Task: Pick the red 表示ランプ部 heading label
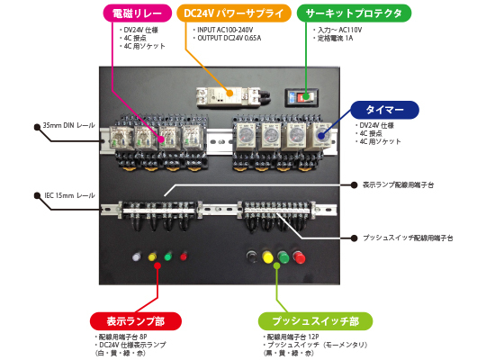(136, 320)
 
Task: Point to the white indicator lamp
(137, 257)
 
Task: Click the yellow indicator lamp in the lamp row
(152, 257)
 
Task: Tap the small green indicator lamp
(167, 257)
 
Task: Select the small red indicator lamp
(184, 257)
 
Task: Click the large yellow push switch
(267, 258)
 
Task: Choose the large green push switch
(283, 258)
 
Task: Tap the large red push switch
(298, 258)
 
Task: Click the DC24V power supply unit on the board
(239, 95)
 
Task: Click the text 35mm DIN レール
(67, 125)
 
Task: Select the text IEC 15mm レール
(69, 194)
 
